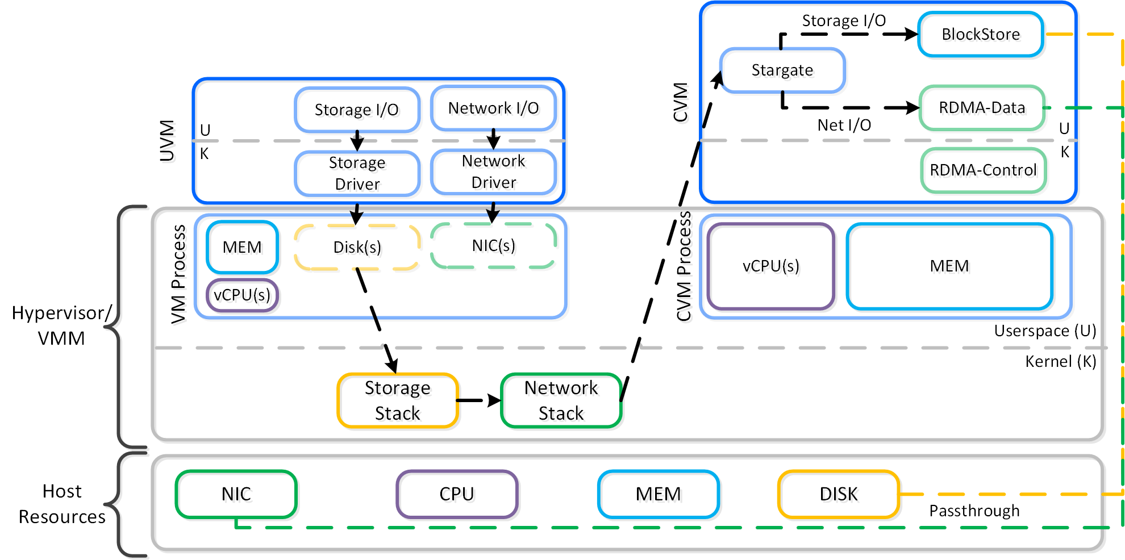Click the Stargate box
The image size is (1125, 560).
tap(782, 70)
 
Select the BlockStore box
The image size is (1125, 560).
tap(981, 35)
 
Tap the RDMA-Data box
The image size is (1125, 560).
tap(982, 108)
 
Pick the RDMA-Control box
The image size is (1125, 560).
tap(983, 170)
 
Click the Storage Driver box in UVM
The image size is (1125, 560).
tap(357, 173)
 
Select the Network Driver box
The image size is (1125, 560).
tap(493, 172)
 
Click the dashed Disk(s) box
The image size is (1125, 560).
tap(357, 248)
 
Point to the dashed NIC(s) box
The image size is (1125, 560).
tap(493, 246)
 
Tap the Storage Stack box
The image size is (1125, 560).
tap(397, 400)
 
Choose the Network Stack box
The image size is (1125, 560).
tap(561, 400)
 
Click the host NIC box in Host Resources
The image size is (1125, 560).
tap(236, 494)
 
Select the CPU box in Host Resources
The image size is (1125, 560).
tap(457, 494)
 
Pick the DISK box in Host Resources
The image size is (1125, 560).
tap(839, 494)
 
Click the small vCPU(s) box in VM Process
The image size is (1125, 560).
tap(242, 295)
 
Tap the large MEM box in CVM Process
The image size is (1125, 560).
tap(949, 266)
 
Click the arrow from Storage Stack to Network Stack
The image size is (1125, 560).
tap(478, 400)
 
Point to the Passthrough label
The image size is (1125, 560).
tap(974, 511)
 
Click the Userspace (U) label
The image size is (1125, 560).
tap(1045, 331)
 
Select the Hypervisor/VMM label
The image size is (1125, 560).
tap(61, 325)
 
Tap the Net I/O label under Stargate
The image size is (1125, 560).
tap(844, 126)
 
